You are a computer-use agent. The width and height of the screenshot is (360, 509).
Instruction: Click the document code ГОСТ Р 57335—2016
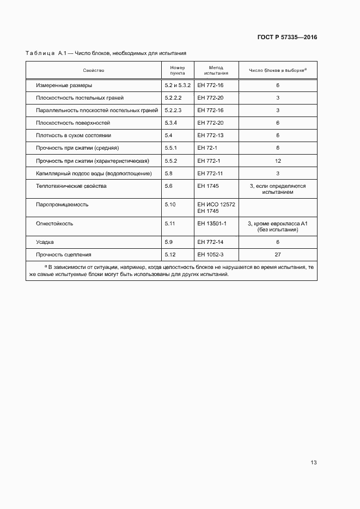click(x=286, y=38)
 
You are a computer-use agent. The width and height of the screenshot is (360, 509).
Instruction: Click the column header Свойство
click(x=94, y=70)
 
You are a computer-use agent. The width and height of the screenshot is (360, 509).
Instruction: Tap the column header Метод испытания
click(x=216, y=70)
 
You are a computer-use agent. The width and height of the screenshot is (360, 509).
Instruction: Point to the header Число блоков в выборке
click(x=277, y=70)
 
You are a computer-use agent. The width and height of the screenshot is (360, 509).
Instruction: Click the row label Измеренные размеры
click(x=64, y=86)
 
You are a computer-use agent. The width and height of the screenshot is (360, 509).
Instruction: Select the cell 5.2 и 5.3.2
click(x=178, y=86)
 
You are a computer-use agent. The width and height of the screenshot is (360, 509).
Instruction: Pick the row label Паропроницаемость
click(x=62, y=205)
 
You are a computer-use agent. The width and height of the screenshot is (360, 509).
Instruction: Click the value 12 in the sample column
click(x=278, y=161)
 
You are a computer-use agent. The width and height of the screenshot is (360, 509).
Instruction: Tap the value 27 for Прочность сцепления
click(x=278, y=254)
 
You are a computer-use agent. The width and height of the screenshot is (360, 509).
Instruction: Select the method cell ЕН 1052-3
click(x=211, y=254)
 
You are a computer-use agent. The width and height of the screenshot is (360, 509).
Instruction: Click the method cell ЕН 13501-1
click(x=212, y=223)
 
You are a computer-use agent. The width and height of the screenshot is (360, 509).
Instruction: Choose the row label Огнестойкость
click(x=54, y=223)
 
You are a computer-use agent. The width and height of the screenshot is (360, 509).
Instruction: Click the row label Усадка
click(x=45, y=242)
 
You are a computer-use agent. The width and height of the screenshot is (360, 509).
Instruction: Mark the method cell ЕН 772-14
click(x=210, y=242)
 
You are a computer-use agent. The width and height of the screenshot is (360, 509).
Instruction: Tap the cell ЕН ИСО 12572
click(x=216, y=204)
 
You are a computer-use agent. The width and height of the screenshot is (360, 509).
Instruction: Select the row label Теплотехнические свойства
click(x=71, y=186)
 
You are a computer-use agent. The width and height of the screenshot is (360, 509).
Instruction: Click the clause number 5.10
click(x=170, y=205)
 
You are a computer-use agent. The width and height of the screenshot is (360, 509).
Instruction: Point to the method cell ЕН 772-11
click(x=210, y=174)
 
